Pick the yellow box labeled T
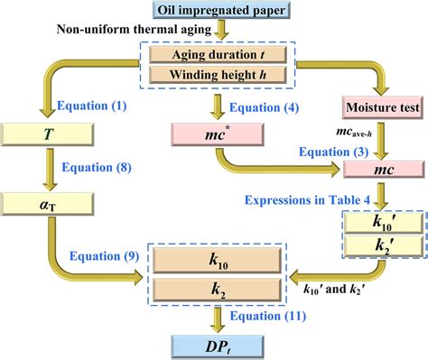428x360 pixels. pyautogui.click(x=42, y=134)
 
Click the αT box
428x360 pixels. pyautogui.click(x=42, y=204)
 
